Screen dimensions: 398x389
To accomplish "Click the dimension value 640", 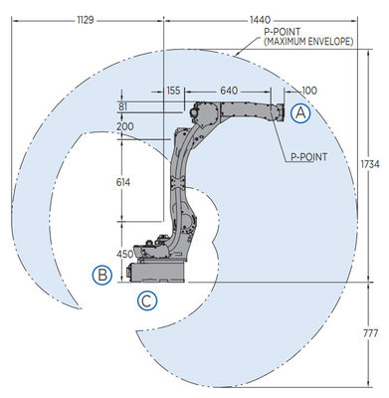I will [x=229, y=91].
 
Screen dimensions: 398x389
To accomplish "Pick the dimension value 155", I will [x=174, y=91].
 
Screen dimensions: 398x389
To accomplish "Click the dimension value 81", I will [x=122, y=107].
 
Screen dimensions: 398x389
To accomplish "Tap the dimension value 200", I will [x=124, y=127].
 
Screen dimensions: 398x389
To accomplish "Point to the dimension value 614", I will [x=124, y=183].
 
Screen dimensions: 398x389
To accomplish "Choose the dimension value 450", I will [x=124, y=253].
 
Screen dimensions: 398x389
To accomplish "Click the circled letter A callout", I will [x=301, y=114].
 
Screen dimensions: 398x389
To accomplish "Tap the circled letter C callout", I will [x=147, y=299].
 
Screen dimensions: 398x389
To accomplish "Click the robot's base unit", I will [x=159, y=267].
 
